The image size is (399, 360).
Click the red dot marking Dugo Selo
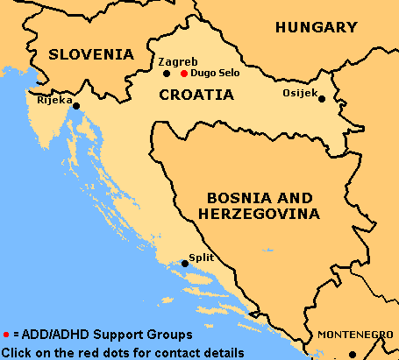[183, 74]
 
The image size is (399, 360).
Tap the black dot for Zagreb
[167, 74]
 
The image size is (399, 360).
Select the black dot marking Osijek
[321, 99]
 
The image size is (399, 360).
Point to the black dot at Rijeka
[77, 106]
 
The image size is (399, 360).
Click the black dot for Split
[184, 263]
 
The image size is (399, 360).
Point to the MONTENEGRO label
[355, 335]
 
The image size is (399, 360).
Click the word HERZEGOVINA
[260, 213]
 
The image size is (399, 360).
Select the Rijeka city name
[54, 100]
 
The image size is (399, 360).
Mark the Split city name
[201, 258]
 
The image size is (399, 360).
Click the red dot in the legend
[6, 335]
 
